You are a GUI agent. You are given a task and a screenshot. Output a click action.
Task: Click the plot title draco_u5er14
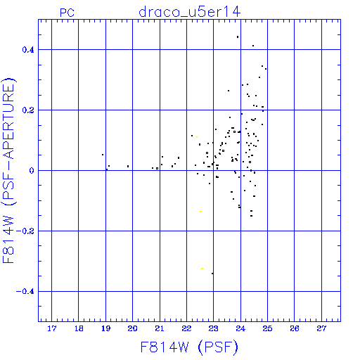point(189,12)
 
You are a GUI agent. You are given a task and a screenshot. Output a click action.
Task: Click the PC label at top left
point(67,12)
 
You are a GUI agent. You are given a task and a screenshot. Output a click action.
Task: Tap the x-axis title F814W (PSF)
point(189,347)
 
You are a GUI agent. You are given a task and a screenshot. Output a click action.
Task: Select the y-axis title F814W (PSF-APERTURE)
point(8,170)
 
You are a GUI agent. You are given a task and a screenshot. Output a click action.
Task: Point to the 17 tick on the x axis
point(52,328)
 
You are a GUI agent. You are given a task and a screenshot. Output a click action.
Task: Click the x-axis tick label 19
point(105,328)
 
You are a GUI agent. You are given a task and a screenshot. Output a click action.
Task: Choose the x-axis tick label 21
point(160,328)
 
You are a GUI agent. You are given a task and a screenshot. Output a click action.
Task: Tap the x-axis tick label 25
point(267,328)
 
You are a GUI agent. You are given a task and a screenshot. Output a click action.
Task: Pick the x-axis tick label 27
point(321,328)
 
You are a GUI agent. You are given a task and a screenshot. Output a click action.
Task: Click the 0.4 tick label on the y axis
point(28,50)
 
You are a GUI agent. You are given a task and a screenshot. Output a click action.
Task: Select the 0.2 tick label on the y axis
point(28,110)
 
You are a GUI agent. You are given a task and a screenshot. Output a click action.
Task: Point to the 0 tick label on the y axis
point(32,171)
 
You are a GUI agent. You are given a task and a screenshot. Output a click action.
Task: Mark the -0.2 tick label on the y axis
point(25,231)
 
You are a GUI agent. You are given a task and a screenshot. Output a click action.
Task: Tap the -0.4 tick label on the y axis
point(25,292)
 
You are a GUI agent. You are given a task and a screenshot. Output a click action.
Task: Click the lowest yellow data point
point(202,269)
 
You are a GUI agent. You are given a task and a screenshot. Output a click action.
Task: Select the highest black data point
point(238,37)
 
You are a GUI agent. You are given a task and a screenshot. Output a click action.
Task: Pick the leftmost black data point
point(103,155)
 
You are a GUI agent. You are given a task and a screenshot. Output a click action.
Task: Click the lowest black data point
point(212,274)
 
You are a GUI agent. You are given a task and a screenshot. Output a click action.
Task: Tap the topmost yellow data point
point(197,137)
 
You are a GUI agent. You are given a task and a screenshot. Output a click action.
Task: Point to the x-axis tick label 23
point(214,328)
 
